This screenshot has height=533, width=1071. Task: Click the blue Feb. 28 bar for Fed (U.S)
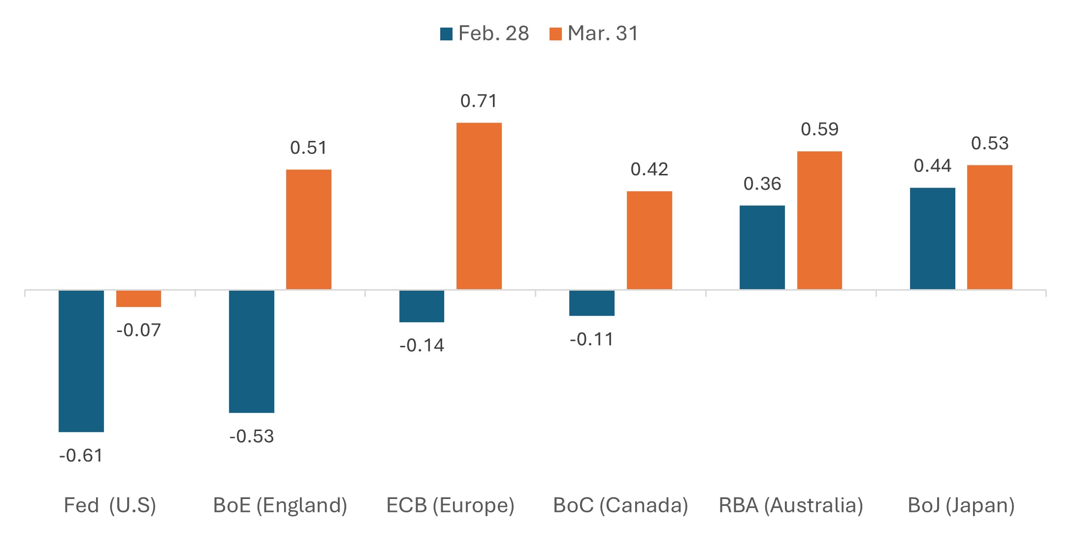[81, 361]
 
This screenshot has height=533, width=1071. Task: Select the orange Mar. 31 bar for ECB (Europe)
[479, 206]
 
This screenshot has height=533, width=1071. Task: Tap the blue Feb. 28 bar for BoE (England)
[252, 351]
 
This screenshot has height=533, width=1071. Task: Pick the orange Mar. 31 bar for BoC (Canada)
[649, 240]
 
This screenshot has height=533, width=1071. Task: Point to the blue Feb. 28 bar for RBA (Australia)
[762, 247]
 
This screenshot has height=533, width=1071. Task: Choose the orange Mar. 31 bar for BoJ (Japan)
[989, 227]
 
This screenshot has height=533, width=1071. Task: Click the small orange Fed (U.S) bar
[138, 299]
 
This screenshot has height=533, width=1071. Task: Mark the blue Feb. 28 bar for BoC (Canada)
[591, 303]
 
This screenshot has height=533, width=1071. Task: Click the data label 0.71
[479, 101]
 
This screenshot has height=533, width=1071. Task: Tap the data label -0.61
[81, 456]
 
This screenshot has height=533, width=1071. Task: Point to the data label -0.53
[252, 436]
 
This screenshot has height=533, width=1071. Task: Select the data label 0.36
[762, 184]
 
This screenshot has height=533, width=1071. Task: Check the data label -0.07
[138, 330]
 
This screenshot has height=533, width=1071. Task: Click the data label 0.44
[933, 166]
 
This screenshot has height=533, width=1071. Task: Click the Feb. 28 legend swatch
[446, 34]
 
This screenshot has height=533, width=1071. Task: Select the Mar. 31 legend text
[603, 33]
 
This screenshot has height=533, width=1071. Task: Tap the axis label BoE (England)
[280, 505]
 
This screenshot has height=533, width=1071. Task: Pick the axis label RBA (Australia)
[791, 505]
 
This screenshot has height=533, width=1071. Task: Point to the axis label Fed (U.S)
[110, 505]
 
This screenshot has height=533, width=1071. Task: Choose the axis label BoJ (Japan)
[961, 505]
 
